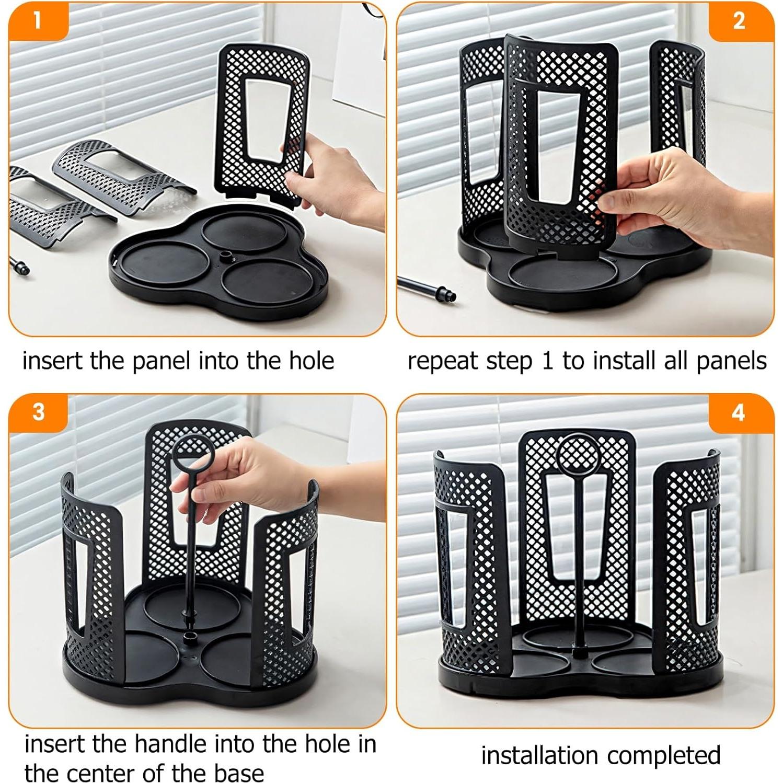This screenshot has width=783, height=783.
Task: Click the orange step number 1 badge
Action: [37, 21]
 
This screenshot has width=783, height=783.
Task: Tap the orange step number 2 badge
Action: [739, 21]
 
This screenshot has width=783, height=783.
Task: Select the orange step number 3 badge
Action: [39, 412]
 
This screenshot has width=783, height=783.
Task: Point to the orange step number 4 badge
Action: [738, 412]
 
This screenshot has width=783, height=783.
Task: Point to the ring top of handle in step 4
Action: [579, 453]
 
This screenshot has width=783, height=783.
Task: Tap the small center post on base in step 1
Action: [226, 256]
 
